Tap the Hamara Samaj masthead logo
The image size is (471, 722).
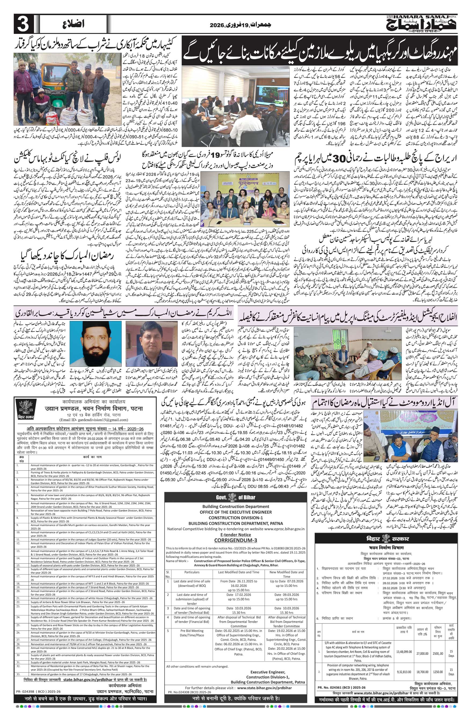pyautogui.click(x=422, y=24)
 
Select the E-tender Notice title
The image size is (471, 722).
pyautogui.click(x=235, y=535)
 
